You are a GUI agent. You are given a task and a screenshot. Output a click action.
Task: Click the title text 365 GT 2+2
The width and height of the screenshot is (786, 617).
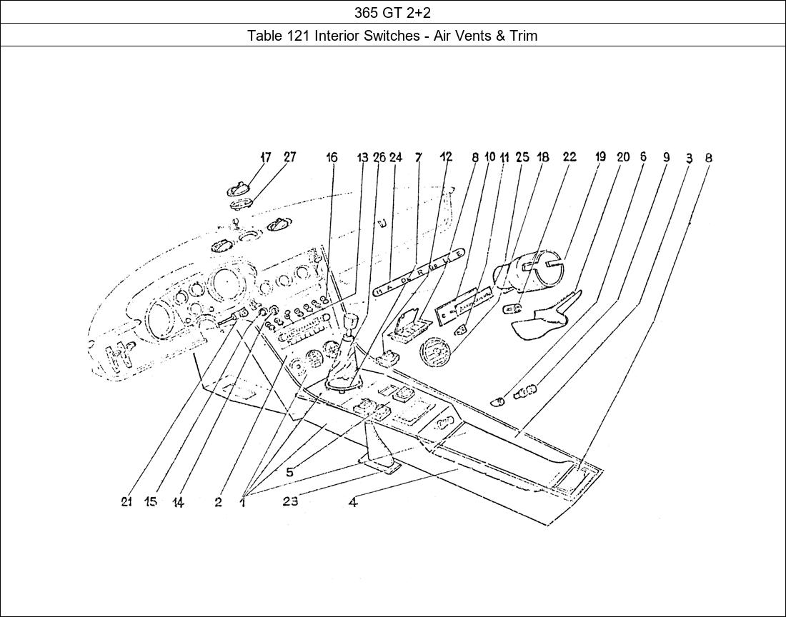tap(392, 12)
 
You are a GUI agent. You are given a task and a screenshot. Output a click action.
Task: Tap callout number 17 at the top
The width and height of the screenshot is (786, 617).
tap(266, 157)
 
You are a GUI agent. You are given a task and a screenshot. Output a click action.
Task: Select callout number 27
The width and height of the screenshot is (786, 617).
tap(289, 157)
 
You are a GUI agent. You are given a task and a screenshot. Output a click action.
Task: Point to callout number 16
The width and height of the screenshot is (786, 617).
tap(332, 157)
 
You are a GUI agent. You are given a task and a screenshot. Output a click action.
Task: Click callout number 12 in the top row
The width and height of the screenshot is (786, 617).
tap(446, 157)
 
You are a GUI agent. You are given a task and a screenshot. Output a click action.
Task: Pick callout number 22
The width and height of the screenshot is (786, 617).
tap(569, 157)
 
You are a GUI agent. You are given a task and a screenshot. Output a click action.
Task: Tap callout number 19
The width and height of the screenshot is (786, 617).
tap(600, 157)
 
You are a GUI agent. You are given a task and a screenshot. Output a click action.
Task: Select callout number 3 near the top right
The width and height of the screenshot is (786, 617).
tap(689, 158)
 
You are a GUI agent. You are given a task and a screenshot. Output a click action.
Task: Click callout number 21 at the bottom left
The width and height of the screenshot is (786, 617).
tap(126, 502)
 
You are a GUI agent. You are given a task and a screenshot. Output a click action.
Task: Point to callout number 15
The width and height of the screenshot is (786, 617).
tap(150, 502)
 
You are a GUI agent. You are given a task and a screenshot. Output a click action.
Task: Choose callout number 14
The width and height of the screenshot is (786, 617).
tap(178, 503)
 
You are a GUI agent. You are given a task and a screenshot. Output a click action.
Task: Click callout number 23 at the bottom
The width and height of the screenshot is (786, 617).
tap(289, 501)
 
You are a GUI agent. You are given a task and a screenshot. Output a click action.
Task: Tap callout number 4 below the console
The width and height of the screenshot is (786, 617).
tap(353, 502)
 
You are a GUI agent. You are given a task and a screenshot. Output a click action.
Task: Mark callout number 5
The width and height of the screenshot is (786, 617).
tap(289, 472)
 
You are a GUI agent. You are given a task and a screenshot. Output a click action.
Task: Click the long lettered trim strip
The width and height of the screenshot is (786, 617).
tap(419, 271)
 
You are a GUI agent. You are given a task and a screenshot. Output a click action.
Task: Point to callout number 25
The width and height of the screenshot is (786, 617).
tap(522, 157)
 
